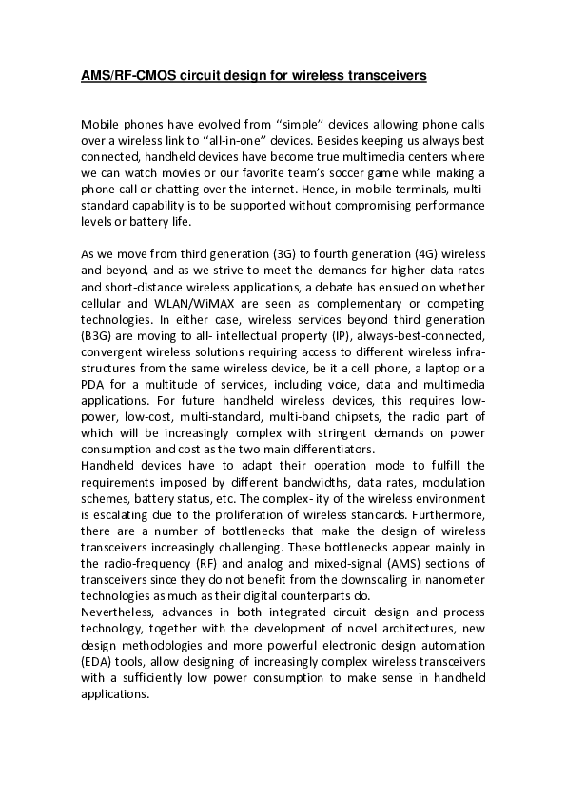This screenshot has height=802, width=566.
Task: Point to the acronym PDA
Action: tap(94, 385)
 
